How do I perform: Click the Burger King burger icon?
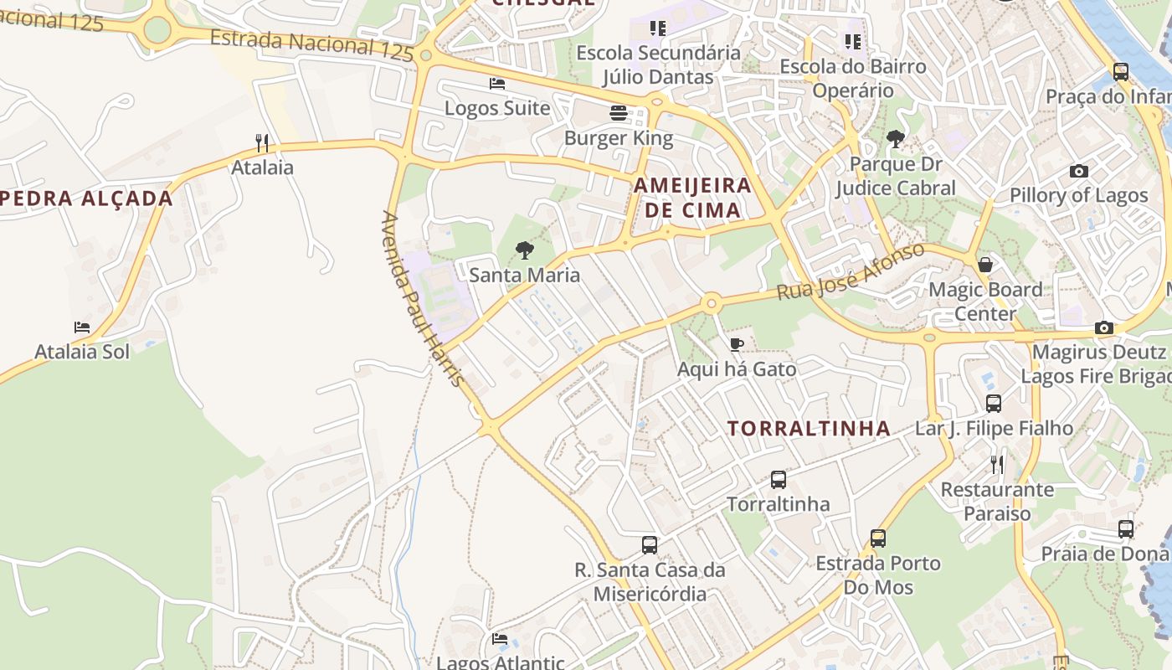(619, 113)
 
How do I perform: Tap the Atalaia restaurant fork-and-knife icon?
(262, 143)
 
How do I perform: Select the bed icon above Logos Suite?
(497, 84)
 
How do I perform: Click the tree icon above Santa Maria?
(525, 250)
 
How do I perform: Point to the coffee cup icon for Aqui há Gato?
(736, 344)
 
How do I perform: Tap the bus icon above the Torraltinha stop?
(779, 480)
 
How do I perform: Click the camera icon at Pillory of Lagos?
(1079, 171)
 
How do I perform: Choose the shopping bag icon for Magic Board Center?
(985, 265)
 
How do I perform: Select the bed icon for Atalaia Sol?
(81, 327)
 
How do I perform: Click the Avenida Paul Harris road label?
(422, 298)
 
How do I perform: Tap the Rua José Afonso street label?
(851, 271)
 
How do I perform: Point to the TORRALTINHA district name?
(809, 429)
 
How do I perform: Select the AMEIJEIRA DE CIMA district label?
(692, 197)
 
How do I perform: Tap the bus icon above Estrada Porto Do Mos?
(877, 539)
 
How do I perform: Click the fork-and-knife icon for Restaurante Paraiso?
(996, 465)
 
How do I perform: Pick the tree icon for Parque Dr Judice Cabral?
(895, 139)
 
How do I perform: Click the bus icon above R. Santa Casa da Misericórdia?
(650, 545)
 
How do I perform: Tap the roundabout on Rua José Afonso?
(712, 303)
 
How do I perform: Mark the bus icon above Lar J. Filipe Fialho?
(994, 404)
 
